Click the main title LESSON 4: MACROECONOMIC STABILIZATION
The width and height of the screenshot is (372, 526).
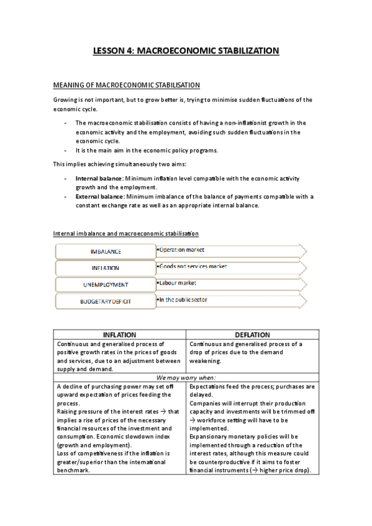click(186, 51)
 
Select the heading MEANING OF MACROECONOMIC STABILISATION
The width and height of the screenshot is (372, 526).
click(126, 84)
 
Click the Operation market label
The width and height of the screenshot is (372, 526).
click(181, 249)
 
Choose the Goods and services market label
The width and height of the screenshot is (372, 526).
click(193, 266)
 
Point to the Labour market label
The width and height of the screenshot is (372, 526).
click(177, 283)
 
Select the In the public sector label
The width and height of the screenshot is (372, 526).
click(183, 300)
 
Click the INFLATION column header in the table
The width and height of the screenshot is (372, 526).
click(119, 335)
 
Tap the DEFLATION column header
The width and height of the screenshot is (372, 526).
click(252, 335)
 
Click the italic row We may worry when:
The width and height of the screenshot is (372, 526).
click(186, 378)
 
